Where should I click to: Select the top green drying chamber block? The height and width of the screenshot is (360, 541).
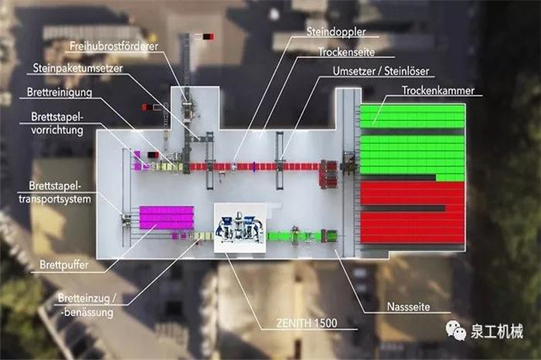(x=412, y=116)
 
